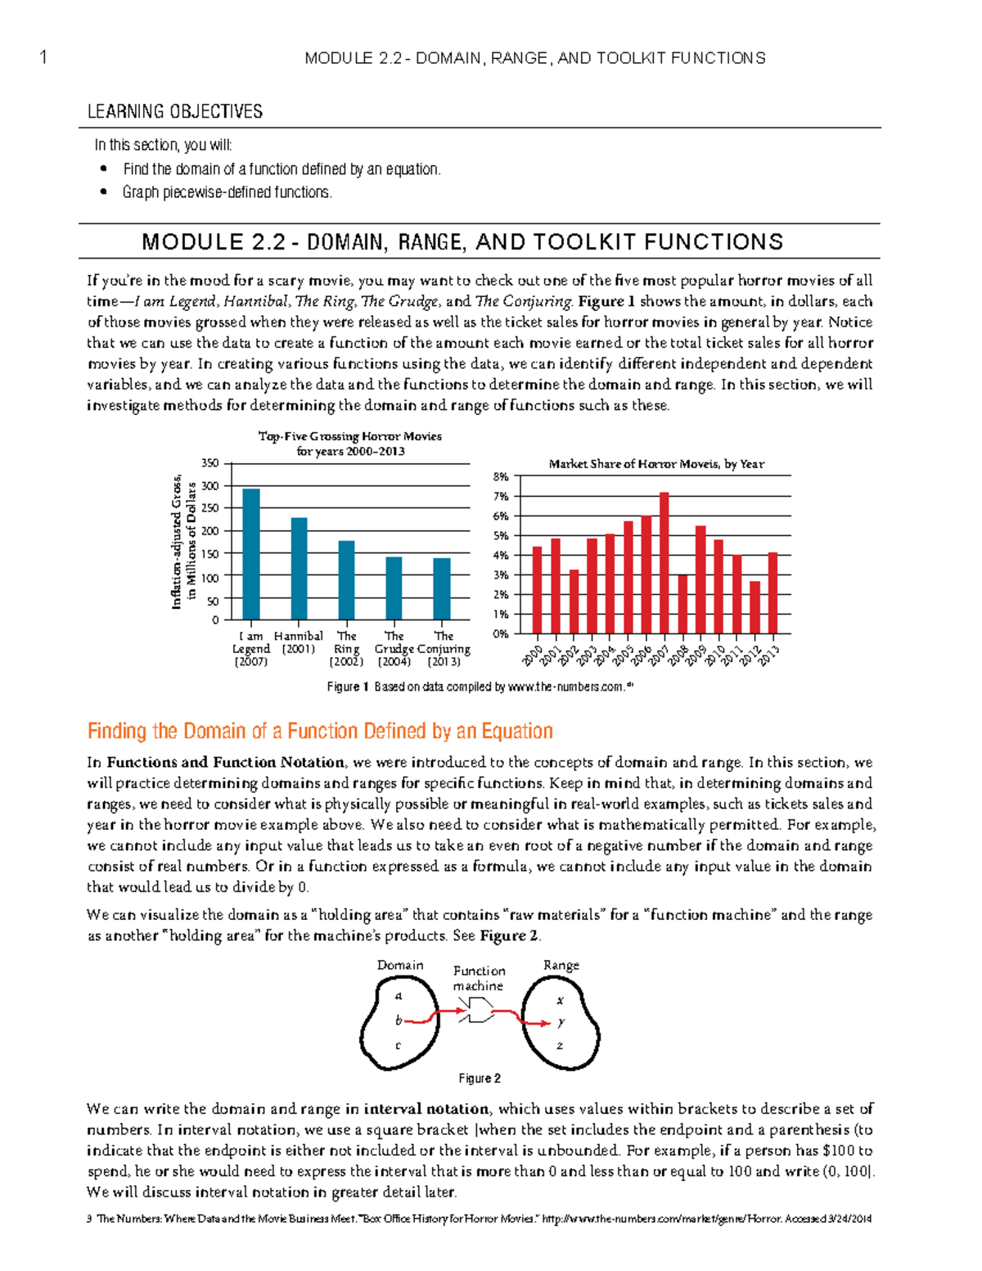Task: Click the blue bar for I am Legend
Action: (x=251, y=554)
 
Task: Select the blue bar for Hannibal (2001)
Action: (x=299, y=568)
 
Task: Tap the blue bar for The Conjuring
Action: (x=442, y=588)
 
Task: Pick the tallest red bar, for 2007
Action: (x=664, y=563)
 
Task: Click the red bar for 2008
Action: (x=682, y=604)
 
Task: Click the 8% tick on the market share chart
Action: (x=500, y=476)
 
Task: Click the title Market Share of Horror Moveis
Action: (x=656, y=464)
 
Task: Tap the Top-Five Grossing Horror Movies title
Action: (x=350, y=436)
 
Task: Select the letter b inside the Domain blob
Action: (x=399, y=1021)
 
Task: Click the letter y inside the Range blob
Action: (x=561, y=1022)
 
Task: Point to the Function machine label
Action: (x=479, y=978)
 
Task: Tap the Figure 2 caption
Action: (x=480, y=1079)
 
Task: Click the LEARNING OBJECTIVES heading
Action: (x=175, y=112)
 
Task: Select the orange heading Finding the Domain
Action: (x=320, y=731)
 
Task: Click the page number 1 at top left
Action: (x=43, y=57)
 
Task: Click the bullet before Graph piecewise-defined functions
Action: (x=103, y=192)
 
